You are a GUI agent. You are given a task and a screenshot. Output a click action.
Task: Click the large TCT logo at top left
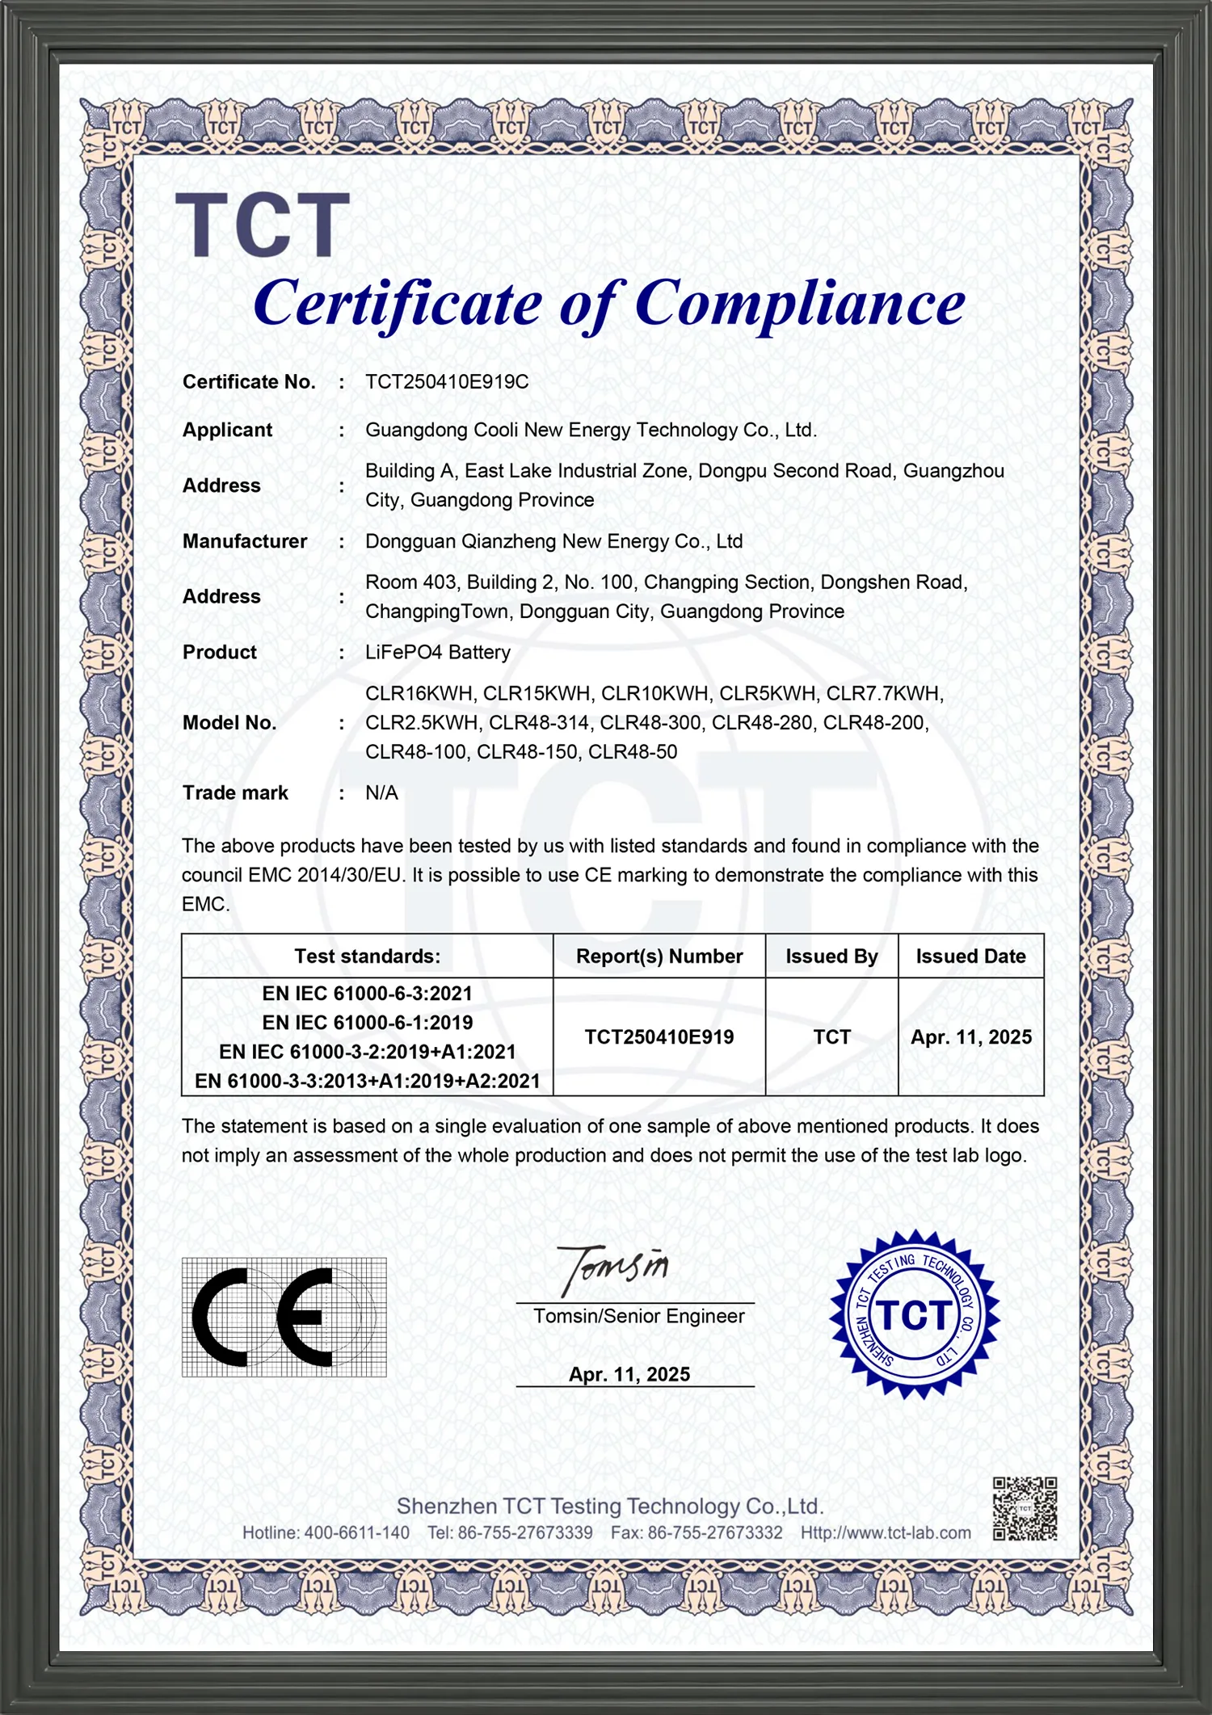pos(263,225)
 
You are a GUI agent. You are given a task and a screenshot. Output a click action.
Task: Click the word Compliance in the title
pos(799,304)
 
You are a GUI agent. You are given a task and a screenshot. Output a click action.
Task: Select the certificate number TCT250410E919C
pos(447,382)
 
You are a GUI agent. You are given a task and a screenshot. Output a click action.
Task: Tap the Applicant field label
pos(227,430)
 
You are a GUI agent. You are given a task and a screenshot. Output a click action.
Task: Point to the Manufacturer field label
pos(244,541)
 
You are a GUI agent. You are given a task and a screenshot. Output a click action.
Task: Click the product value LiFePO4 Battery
pos(437,652)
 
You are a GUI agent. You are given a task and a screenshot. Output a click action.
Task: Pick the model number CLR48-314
pos(540,722)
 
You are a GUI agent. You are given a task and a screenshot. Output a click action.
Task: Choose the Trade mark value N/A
pos(381,792)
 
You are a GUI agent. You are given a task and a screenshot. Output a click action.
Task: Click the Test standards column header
pos(367,956)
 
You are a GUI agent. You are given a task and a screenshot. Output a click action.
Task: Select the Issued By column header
pos(831,956)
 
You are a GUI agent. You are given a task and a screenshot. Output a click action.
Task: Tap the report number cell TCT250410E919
pos(659,1037)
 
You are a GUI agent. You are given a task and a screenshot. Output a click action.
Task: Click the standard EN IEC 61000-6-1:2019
pos(367,1023)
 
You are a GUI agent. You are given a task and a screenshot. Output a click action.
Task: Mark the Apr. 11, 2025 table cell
pos(971,1037)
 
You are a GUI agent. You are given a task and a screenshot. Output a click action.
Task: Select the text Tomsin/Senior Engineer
pos(638,1316)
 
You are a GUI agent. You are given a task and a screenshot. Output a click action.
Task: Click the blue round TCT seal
pos(914,1314)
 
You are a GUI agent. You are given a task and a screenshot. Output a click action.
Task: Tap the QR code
pos(1025,1509)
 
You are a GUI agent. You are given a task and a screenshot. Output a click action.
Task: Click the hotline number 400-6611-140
pos(356,1532)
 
